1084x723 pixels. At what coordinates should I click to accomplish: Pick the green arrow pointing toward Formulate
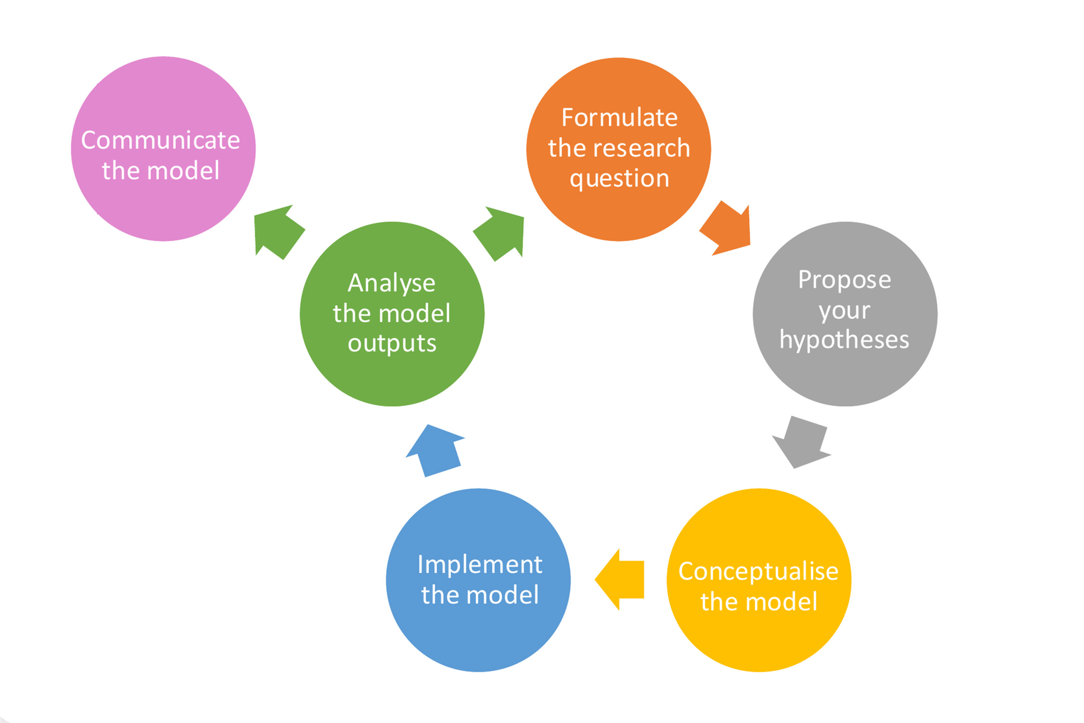click(500, 233)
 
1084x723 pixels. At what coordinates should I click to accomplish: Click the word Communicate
click(160, 140)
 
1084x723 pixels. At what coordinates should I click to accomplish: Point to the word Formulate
click(619, 117)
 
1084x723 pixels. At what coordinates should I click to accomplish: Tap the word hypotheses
click(844, 340)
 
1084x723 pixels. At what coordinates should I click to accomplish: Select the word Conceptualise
click(758, 571)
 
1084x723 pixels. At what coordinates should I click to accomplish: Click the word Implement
click(480, 564)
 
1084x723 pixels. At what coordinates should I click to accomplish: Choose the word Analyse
click(391, 283)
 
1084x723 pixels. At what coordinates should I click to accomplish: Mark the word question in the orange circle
click(619, 178)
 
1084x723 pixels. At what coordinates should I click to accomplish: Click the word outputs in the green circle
click(392, 343)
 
